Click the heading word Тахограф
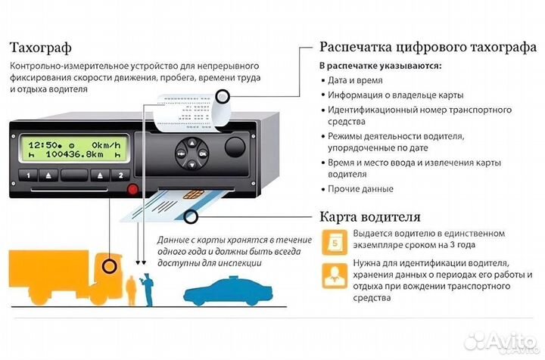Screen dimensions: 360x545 pos(41,48)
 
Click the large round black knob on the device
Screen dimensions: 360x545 pos(237,147)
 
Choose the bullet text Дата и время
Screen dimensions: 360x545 pos(355,81)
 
